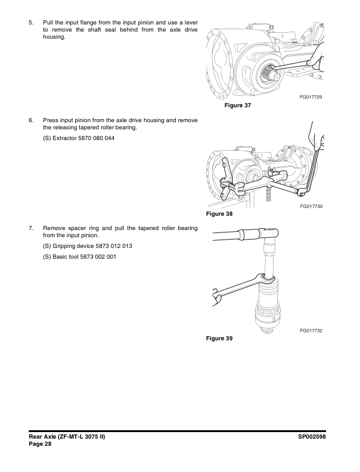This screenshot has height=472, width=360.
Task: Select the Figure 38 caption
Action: (219, 213)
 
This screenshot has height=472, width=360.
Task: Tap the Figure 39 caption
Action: (219, 338)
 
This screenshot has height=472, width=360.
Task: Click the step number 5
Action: (30, 22)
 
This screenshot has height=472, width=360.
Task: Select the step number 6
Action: (30, 120)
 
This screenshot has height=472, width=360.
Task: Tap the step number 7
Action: (30, 228)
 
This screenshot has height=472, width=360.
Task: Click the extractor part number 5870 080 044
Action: (97, 138)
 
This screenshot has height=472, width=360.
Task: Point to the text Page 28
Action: (41, 446)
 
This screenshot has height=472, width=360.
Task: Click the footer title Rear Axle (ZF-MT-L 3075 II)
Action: (67, 438)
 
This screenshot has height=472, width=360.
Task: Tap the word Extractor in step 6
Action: (65, 138)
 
